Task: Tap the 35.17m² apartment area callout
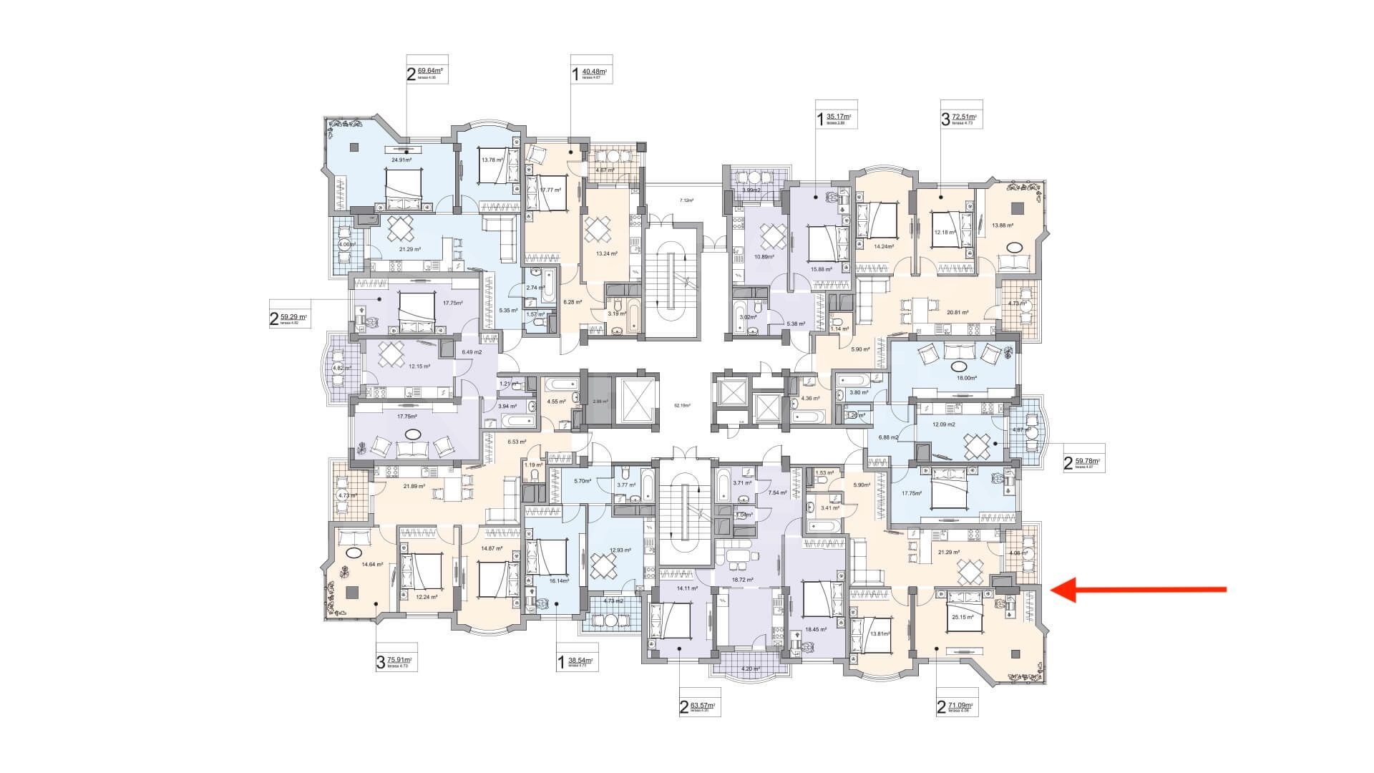tap(835, 117)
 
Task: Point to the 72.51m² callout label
tap(961, 117)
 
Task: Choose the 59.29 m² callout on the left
tap(289, 318)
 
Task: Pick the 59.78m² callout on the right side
tap(1081, 464)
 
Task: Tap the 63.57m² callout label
tap(698, 708)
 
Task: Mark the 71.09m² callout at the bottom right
tap(957, 708)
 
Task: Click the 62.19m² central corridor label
tap(683, 406)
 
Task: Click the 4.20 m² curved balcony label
tap(749, 669)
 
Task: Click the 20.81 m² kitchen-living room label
tap(957, 312)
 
